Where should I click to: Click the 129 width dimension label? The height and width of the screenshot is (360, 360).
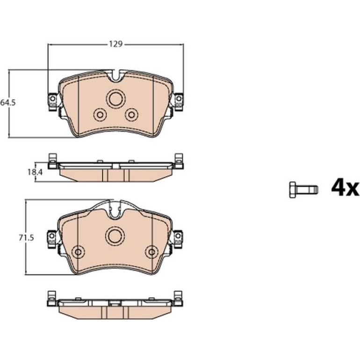coord(115,44)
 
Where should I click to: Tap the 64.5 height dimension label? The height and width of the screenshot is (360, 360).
coord(8,103)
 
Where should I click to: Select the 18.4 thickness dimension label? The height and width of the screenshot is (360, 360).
coord(35,172)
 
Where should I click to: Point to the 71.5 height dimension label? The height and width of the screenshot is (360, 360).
coord(26,238)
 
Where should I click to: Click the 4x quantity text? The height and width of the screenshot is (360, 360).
coord(345,188)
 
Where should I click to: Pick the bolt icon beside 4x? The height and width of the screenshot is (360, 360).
coord(303,190)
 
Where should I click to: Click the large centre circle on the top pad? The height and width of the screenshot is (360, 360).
coord(116,99)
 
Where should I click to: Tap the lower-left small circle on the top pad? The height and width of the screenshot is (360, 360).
coord(100,114)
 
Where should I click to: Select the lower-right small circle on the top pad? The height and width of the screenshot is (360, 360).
coord(131,114)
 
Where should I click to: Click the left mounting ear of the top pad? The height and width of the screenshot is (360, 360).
coord(53,101)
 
